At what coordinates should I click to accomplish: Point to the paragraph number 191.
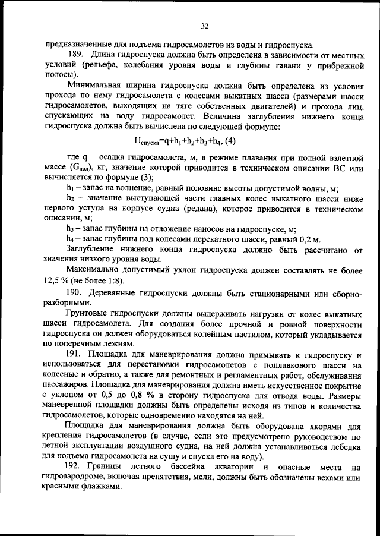point(75,353)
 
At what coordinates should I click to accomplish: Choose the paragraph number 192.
point(75,468)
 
